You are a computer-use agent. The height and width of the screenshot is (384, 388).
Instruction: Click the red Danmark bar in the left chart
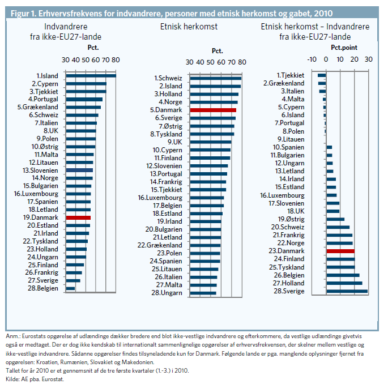(78, 217)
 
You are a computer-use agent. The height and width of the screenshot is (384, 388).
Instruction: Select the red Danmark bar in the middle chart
(213, 110)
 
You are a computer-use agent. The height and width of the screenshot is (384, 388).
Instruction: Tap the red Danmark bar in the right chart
(340, 251)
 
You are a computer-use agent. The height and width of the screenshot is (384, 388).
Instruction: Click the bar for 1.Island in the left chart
(91, 75)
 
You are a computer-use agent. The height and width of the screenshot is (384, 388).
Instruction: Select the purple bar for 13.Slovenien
(79, 170)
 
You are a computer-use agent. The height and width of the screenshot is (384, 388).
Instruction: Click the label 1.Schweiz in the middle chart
(168, 78)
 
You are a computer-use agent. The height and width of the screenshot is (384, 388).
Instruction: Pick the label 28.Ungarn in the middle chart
(168, 293)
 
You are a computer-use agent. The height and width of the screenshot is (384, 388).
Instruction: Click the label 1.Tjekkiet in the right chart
(291, 75)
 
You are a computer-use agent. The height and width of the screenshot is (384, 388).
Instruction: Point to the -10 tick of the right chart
(312, 59)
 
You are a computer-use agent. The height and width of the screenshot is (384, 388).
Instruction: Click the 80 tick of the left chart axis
(116, 60)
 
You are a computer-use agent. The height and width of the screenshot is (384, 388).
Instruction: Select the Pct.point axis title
(344, 48)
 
